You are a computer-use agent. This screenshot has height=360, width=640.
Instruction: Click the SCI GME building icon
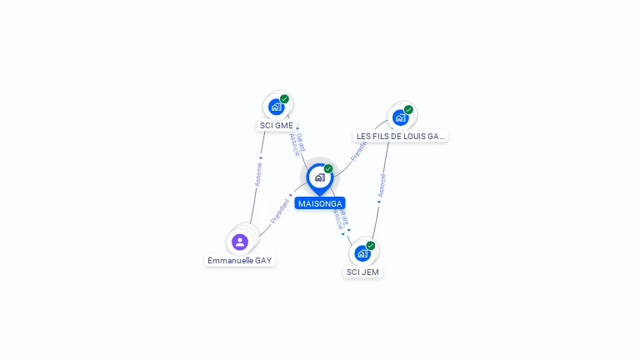click(x=277, y=107)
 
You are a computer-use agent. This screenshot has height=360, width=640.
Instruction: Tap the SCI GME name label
click(x=277, y=126)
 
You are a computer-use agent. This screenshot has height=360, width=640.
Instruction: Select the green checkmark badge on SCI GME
click(x=284, y=99)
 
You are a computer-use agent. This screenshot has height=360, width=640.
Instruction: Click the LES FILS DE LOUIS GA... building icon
click(x=400, y=117)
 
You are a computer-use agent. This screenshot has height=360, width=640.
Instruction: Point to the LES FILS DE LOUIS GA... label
click(x=401, y=136)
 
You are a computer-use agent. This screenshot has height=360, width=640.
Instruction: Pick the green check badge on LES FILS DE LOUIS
click(x=408, y=110)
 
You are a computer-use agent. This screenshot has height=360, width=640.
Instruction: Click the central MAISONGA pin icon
click(x=319, y=177)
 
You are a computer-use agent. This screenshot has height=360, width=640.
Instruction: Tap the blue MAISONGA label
click(x=319, y=203)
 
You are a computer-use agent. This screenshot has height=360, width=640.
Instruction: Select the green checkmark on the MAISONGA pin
click(x=328, y=169)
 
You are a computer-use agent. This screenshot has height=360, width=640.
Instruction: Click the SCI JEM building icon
click(x=362, y=253)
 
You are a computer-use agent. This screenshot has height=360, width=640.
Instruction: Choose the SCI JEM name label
click(x=362, y=272)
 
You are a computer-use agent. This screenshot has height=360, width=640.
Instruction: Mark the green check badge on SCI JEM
click(x=371, y=246)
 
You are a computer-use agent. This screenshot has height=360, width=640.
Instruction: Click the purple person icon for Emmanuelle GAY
click(x=240, y=242)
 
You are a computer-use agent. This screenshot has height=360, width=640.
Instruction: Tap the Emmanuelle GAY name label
click(x=240, y=261)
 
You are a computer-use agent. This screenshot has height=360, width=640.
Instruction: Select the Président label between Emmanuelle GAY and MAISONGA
click(x=281, y=211)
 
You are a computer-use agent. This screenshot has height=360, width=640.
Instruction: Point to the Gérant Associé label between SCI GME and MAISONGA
click(x=296, y=144)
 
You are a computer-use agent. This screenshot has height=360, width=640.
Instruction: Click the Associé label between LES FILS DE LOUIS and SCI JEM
click(x=382, y=185)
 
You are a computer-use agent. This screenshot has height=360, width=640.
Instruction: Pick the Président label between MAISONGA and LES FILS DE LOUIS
click(x=359, y=149)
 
